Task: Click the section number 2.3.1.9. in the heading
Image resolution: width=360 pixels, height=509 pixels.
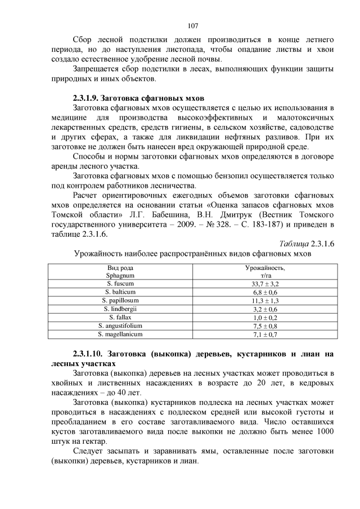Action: [x=92, y=98]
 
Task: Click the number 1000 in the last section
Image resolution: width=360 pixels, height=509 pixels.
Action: [x=324, y=431]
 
